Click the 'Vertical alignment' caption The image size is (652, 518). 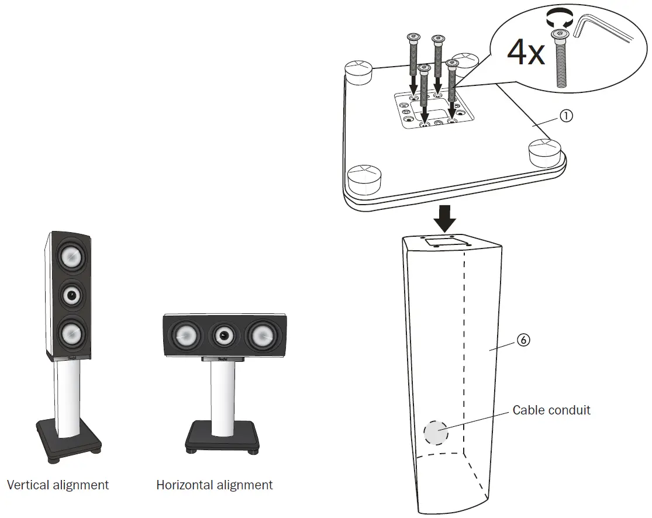coord(58,485)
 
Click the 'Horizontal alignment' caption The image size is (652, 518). coord(214,485)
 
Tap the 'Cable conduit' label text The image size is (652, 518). coord(551,410)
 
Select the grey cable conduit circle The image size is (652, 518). coord(436,433)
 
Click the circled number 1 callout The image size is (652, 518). coord(565,116)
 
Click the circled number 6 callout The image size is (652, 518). coord(524,340)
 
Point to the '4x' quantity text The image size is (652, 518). coord(525,52)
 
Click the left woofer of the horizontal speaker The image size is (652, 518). coord(184,336)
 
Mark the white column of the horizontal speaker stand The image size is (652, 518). coord(222,397)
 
